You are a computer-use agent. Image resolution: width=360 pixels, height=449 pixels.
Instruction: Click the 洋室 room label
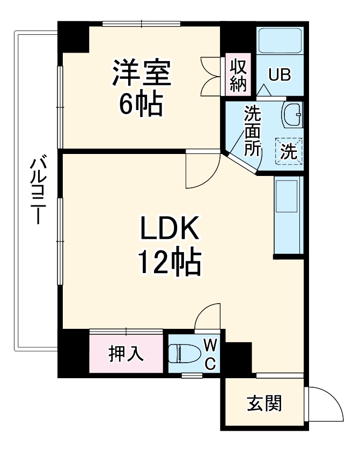pos(141,73)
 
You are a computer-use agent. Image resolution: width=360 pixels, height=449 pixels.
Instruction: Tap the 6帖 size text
pos(141,104)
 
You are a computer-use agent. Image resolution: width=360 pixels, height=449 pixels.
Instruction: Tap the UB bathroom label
pos(280,75)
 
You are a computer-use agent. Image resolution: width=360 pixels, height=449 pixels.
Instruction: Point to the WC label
pos(211,354)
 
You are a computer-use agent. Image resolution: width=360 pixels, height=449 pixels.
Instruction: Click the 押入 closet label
pos(126,354)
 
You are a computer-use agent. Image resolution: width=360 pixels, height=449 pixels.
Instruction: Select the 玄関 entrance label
pos(264,403)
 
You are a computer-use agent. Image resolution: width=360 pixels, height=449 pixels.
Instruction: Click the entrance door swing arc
pos(327,402)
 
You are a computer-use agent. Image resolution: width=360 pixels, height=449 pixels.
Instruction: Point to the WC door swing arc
pos(208,316)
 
